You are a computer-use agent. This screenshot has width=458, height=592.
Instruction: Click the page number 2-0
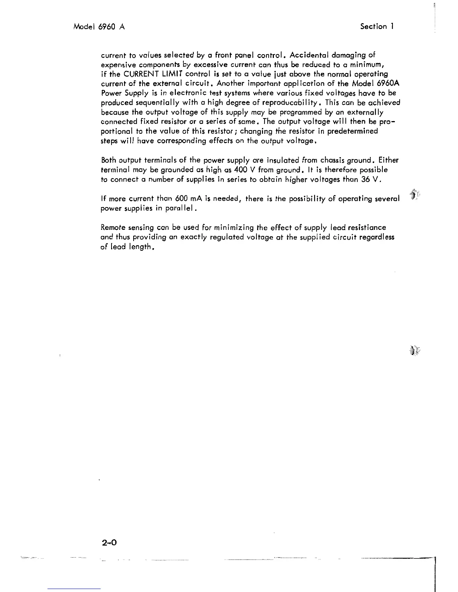tap(109, 542)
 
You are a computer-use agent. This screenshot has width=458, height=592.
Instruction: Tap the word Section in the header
tap(373, 27)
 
